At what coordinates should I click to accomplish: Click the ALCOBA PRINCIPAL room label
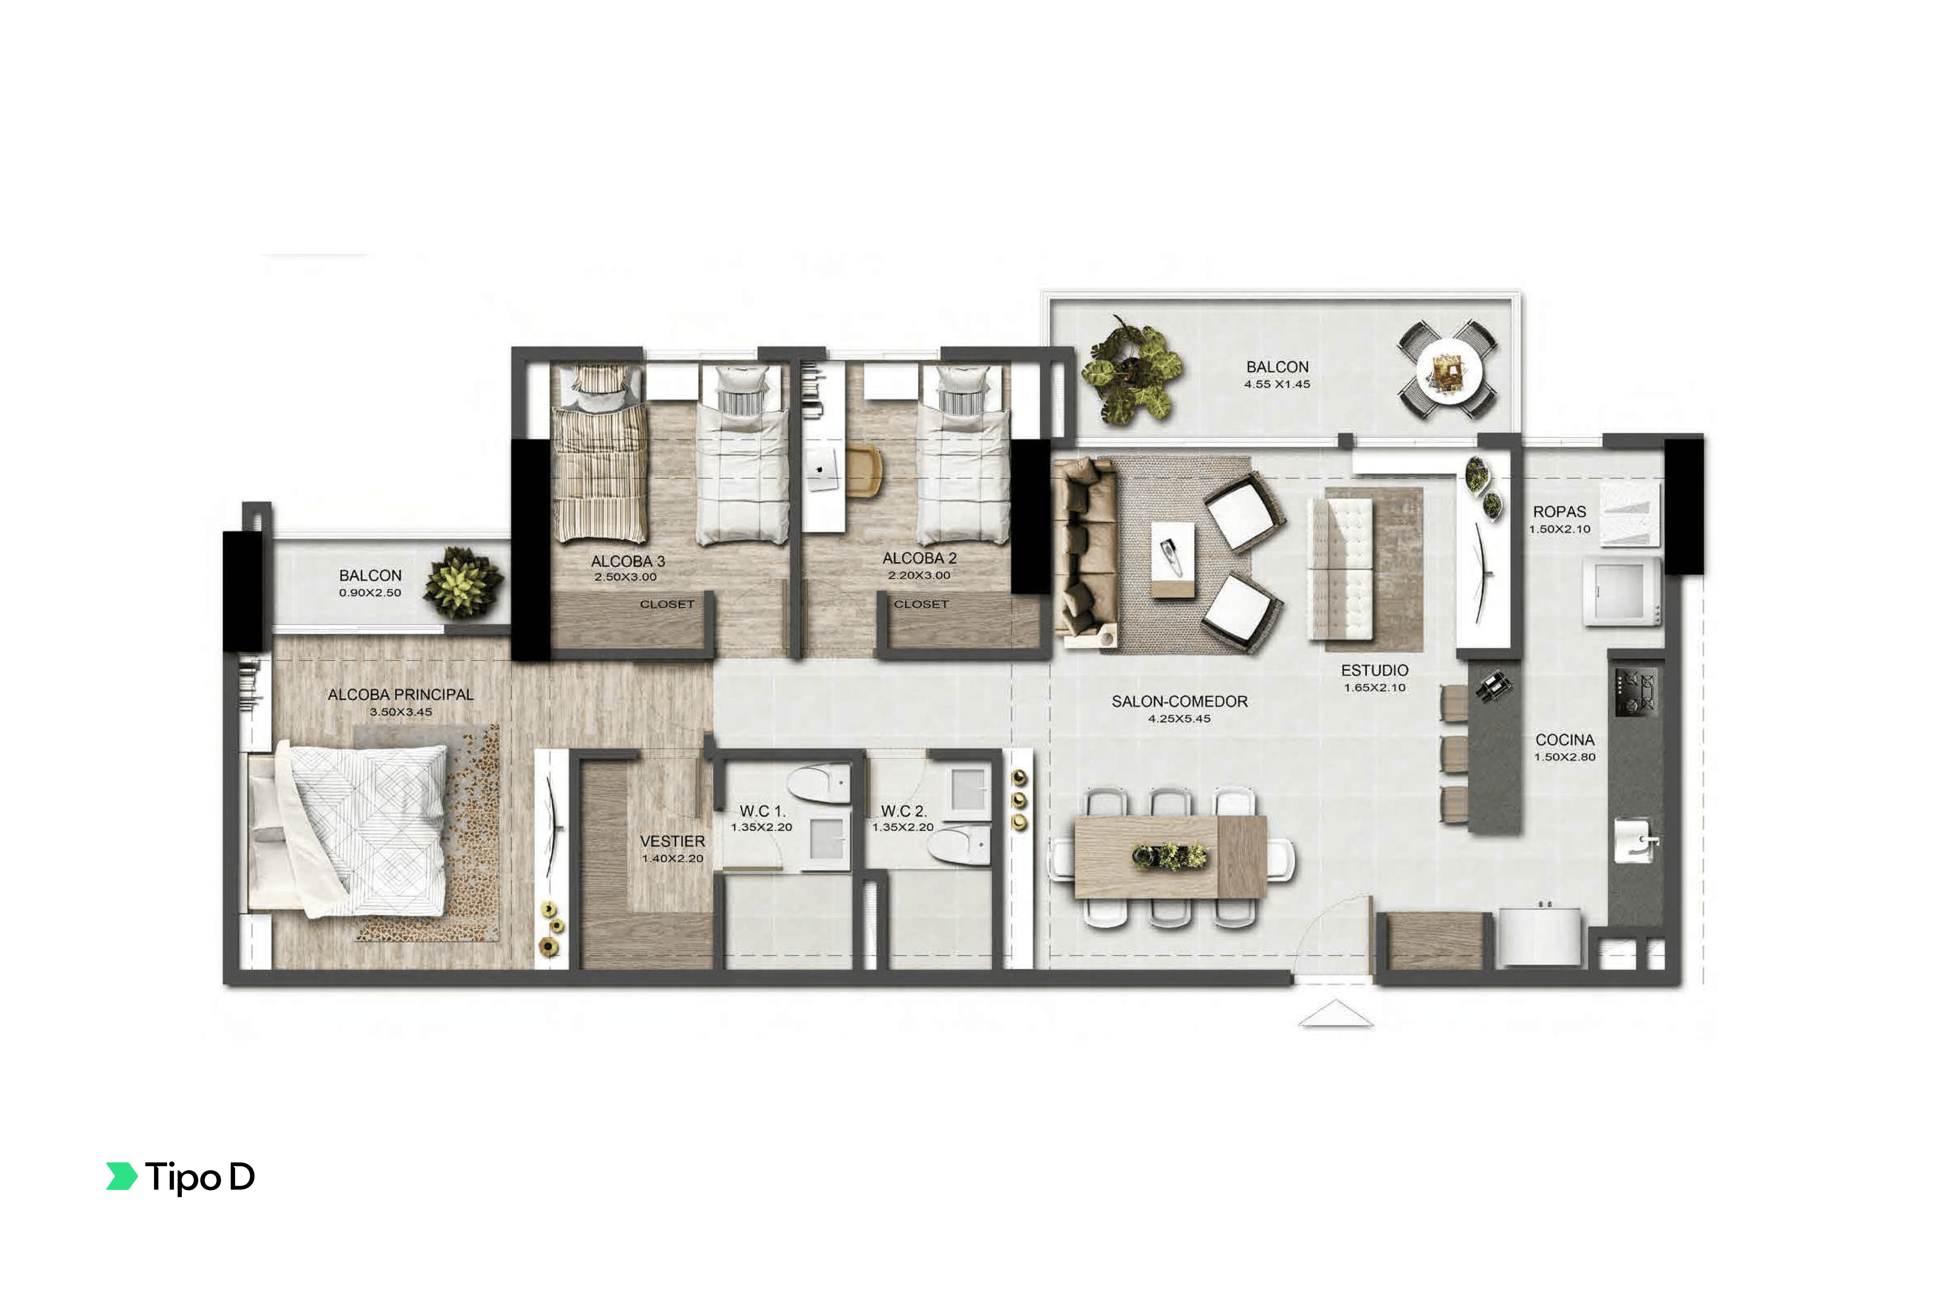pyautogui.click(x=401, y=695)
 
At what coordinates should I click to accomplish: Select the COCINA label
pyautogui.click(x=1564, y=740)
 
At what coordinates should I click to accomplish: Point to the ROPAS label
pyautogui.click(x=1559, y=512)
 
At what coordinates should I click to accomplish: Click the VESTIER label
pyautogui.click(x=672, y=841)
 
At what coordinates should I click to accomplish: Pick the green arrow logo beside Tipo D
pyautogui.click(x=121, y=1176)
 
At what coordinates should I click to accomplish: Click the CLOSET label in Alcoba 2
pyautogui.click(x=921, y=604)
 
